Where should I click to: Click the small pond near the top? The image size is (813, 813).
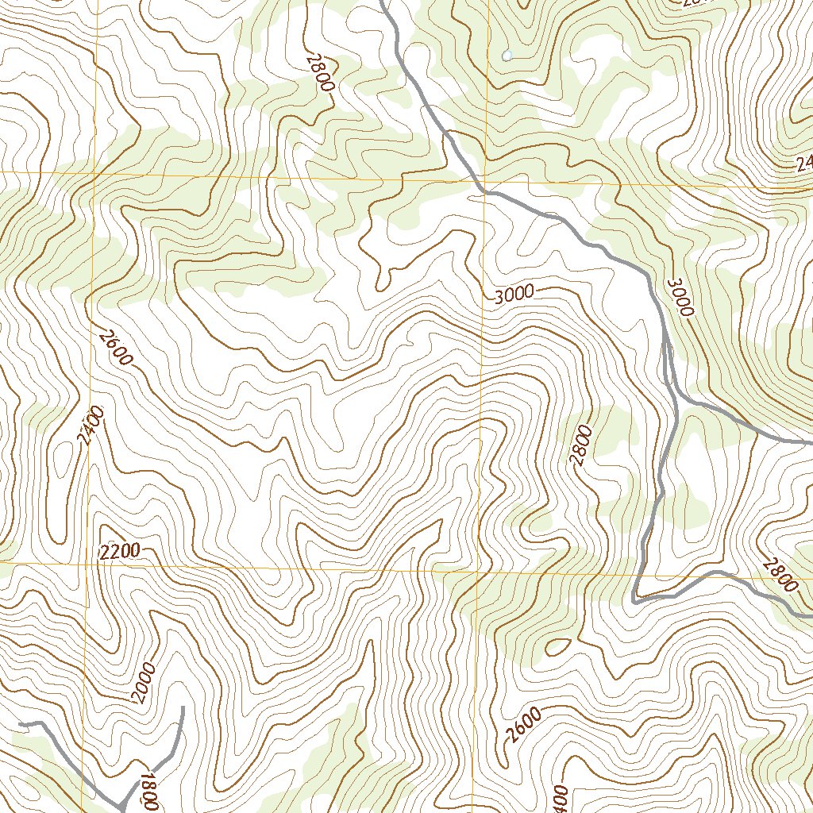[x=507, y=56]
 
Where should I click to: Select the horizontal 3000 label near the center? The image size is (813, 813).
[x=514, y=295]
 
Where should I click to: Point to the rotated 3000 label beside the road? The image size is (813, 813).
[x=680, y=297]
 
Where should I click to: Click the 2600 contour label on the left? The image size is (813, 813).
[x=116, y=348]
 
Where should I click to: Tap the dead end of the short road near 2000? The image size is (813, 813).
[x=183, y=707]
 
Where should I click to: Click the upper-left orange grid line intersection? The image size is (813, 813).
[x=94, y=172]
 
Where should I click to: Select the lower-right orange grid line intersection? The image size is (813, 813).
[x=477, y=570]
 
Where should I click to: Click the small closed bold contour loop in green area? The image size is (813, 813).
[x=557, y=646]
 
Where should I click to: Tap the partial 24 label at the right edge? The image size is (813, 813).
[x=803, y=164]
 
